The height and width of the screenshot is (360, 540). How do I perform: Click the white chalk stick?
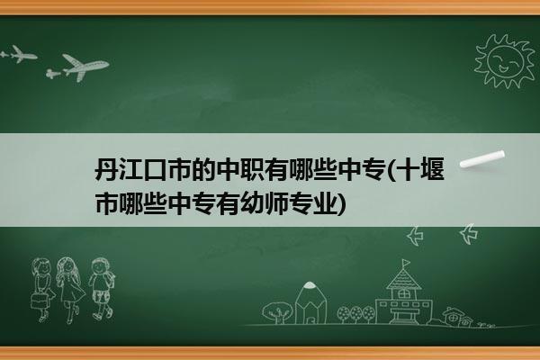coord(482,159)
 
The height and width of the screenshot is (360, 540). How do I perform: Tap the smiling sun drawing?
coord(505,61)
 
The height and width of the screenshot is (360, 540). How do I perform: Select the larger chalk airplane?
coord(83,67)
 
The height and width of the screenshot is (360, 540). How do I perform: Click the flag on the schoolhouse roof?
coord(407,263)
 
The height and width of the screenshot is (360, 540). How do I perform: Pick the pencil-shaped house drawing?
coord(310,302)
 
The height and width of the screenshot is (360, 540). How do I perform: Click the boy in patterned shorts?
coord(101,289)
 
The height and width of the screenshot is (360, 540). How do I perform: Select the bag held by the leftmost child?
coord(40,301)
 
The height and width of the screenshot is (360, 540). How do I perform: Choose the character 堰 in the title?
coord(433,169)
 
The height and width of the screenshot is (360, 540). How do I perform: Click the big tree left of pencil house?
coord(276,312)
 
